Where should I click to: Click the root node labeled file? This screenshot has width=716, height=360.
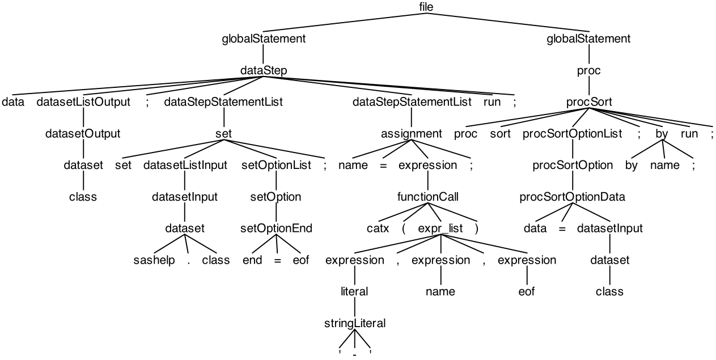click(426, 7)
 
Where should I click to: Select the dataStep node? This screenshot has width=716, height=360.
click(264, 71)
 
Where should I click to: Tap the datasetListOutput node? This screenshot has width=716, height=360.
click(84, 103)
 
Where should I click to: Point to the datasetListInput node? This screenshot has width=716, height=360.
click(185, 166)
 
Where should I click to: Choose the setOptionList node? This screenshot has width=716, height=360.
click(276, 166)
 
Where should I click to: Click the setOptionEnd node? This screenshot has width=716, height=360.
click(276, 229)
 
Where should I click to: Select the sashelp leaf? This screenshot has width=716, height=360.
click(154, 260)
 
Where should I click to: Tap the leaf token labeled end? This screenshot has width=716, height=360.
click(252, 260)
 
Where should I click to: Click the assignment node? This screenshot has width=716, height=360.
click(411, 134)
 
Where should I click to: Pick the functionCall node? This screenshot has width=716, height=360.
click(427, 197)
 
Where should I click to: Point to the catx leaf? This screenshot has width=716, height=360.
click(378, 229)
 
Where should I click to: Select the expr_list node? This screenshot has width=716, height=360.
click(440, 229)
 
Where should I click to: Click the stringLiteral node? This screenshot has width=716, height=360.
click(354, 324)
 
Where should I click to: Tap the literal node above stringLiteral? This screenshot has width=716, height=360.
click(354, 292)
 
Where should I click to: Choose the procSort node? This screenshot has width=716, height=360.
click(589, 103)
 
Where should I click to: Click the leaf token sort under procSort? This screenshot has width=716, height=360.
click(500, 134)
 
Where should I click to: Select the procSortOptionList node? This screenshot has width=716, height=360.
click(572, 134)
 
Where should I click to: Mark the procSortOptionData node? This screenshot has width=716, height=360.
click(572, 197)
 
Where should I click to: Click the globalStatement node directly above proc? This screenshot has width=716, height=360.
click(588, 39)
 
